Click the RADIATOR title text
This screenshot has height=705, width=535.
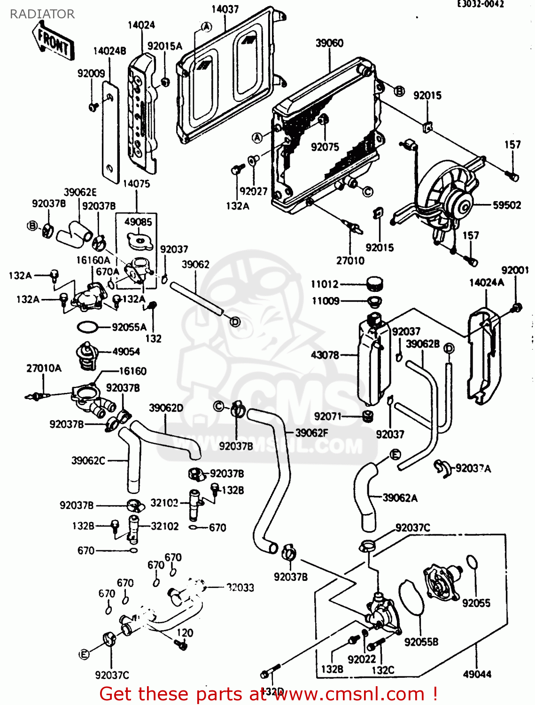point(42,14)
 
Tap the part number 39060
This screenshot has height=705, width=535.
point(329,43)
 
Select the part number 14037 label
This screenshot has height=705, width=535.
point(225,9)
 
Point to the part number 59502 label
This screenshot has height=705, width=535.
point(507,205)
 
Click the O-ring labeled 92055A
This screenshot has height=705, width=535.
point(87,327)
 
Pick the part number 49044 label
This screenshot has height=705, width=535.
point(477,674)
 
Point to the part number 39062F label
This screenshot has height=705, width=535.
point(311,433)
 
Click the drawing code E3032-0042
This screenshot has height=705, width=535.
point(481,4)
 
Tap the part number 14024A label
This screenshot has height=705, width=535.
point(486,282)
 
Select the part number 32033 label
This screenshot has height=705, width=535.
point(240,587)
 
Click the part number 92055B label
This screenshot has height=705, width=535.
point(421,642)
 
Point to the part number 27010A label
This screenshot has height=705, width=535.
point(44,368)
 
